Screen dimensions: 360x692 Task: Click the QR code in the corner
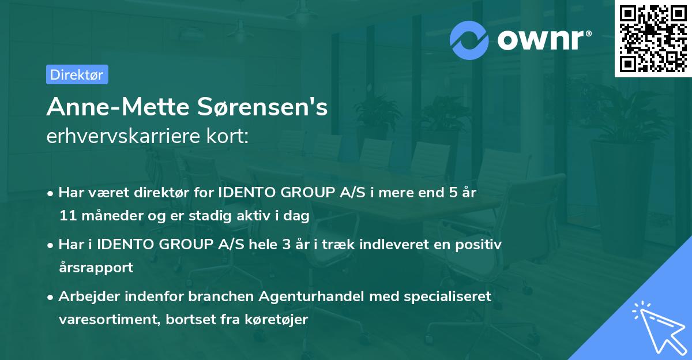pyautogui.click(x=652, y=38)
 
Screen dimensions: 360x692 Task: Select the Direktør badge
pyautogui.click(x=77, y=74)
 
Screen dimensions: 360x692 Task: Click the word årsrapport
pyautogui.click(x=96, y=268)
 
